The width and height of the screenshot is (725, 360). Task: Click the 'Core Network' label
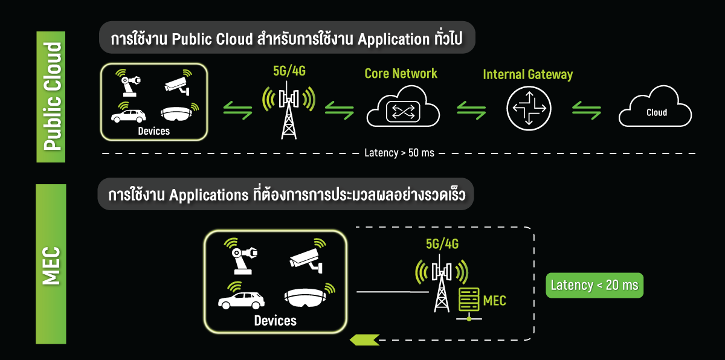401,74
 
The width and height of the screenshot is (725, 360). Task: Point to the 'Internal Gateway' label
527,75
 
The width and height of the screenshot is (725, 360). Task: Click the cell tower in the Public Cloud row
289,111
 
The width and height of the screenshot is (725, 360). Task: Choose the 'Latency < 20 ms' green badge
594,285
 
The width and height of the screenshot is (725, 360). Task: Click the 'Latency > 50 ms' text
399,153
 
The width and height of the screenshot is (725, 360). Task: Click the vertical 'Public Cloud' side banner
52,96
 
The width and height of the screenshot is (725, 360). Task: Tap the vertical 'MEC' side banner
52,264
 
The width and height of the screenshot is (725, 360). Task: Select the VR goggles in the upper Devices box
180,113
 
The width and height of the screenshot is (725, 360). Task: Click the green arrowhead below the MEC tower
364,339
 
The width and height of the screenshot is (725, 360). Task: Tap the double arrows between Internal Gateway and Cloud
587,109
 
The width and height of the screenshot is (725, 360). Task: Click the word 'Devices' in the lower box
275,321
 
